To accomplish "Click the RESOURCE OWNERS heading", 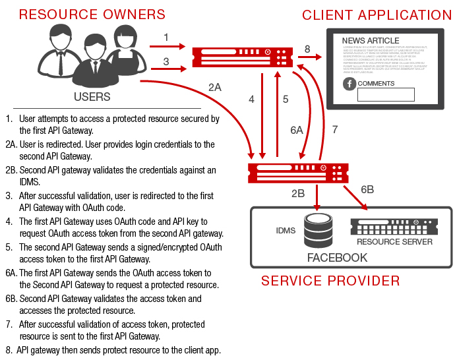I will coord(92,15).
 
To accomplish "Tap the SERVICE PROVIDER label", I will coord(330,281).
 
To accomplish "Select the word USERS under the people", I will coord(92,98).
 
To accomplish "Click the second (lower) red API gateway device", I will coord(297,174).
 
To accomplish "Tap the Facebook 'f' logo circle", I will coord(349,84).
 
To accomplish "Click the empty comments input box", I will coord(386,94).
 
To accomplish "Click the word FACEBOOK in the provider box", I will coord(337,258).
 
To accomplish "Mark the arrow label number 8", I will coord(307,49).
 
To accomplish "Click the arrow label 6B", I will coord(367,190).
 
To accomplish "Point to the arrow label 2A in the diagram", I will coord(215,87).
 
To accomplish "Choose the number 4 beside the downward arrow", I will coord(251,100).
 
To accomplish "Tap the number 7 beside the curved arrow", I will coord(334,130).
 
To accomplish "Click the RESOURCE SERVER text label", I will coord(394,242).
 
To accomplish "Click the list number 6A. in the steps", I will coord(11,273).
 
